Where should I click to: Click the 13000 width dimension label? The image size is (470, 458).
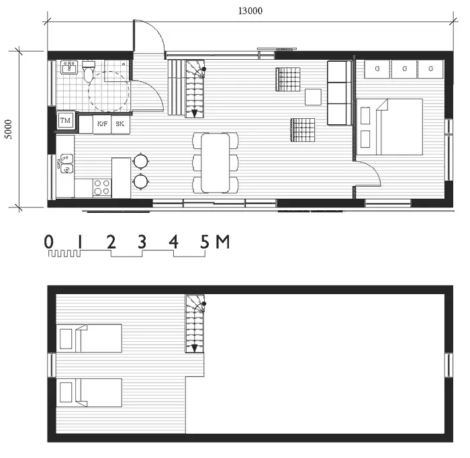249,10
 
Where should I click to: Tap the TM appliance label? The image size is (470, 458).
65,120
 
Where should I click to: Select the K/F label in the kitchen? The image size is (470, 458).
102,124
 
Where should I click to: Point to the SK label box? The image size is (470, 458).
120,124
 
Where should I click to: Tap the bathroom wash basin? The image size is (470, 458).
68,67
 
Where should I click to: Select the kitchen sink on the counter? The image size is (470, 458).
64,163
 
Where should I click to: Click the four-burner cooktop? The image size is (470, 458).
101,187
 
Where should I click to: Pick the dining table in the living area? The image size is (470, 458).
215,162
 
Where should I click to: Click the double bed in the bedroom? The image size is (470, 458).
389,128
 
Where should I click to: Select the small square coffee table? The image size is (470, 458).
314,97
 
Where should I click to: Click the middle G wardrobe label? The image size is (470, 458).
404,68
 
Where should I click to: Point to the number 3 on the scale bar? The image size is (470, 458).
142,242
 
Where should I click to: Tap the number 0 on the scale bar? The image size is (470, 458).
49,242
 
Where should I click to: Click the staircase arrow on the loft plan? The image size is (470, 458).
195,348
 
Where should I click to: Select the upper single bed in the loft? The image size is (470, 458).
90,338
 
